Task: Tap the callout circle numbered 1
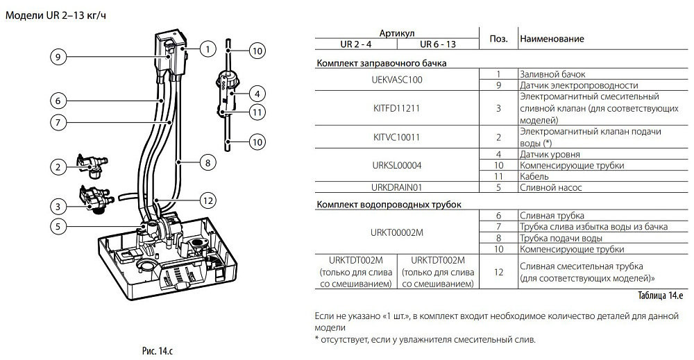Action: (208, 49)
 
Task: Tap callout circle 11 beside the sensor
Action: (257, 112)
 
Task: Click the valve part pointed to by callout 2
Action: (90, 164)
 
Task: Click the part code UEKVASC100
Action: (397, 79)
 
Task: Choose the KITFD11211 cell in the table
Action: (397, 108)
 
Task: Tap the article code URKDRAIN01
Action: (397, 187)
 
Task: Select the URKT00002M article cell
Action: (397, 232)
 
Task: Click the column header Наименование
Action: (552, 39)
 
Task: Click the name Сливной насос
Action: (550, 187)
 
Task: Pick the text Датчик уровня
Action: (550, 154)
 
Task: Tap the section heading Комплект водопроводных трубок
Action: (389, 204)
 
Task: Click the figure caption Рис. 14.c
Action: (158, 351)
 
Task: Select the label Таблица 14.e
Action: (661, 295)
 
